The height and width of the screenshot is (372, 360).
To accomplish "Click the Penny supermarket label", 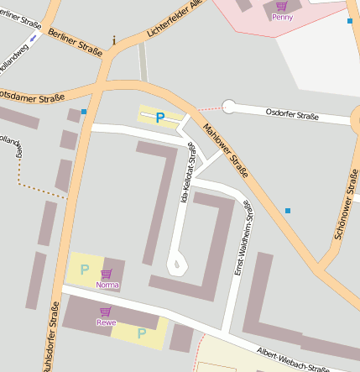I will [282, 17].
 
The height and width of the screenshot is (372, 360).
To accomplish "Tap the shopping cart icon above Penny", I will [282, 6].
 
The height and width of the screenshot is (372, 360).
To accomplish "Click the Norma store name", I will [107, 285].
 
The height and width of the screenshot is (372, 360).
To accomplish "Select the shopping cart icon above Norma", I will [107, 274].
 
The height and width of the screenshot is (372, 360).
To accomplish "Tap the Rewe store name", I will [106, 322].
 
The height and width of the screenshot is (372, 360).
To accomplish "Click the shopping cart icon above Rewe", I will [106, 312].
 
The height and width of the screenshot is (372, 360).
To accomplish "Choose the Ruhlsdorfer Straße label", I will [52, 340].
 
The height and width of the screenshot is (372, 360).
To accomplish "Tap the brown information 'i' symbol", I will [114, 39].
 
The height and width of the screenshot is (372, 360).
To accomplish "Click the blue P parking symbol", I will [159, 119].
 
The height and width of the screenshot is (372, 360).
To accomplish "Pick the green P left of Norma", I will [84, 270].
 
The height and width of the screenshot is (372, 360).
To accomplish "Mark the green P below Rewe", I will [141, 333].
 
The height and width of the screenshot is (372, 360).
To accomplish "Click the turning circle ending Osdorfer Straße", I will [229, 107].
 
